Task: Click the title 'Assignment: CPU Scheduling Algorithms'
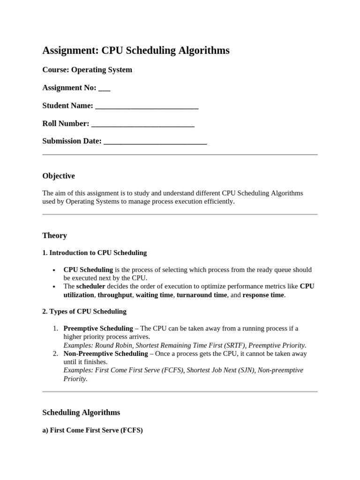tap(136, 51)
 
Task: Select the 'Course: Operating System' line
tap(87, 70)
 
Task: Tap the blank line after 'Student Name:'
tap(147, 106)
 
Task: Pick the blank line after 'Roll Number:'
tap(143, 124)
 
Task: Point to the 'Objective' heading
tap(59, 176)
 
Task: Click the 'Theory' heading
tap(54, 236)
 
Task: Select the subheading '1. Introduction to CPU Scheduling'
tap(94, 253)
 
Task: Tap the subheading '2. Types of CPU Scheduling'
tap(84, 312)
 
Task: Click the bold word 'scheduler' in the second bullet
tap(90, 286)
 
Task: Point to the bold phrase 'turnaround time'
tap(202, 295)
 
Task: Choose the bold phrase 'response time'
tap(263, 295)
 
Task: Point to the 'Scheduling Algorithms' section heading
tap(81, 412)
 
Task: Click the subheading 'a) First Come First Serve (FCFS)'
tap(92, 430)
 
